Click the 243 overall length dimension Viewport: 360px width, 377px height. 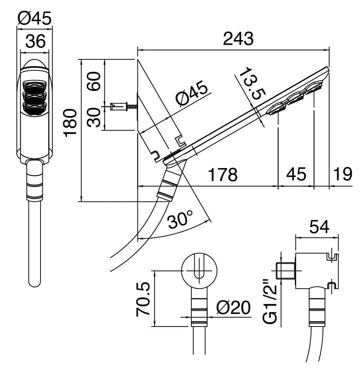pos(238,39)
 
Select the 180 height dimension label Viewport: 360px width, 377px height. pos(71,123)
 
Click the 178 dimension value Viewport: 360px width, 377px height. pos(222,174)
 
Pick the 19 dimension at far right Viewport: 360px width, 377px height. pos(341,174)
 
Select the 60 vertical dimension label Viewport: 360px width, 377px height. pos(94,81)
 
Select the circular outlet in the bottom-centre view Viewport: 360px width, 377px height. pos(199,271)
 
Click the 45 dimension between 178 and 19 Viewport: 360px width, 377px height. pos(296,174)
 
